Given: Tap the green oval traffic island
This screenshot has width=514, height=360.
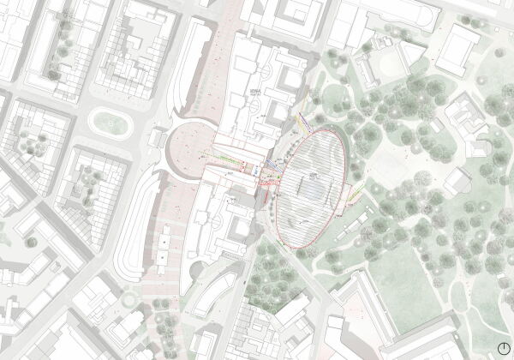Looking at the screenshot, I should coord(110,121).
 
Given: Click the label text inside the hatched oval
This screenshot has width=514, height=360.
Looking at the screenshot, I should coord(314,175).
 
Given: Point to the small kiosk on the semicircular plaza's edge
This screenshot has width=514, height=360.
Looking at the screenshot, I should coord(158,137).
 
